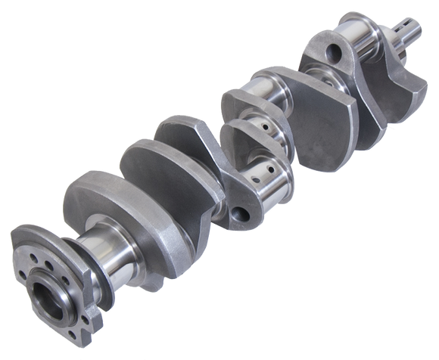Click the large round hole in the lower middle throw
(244, 213)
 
